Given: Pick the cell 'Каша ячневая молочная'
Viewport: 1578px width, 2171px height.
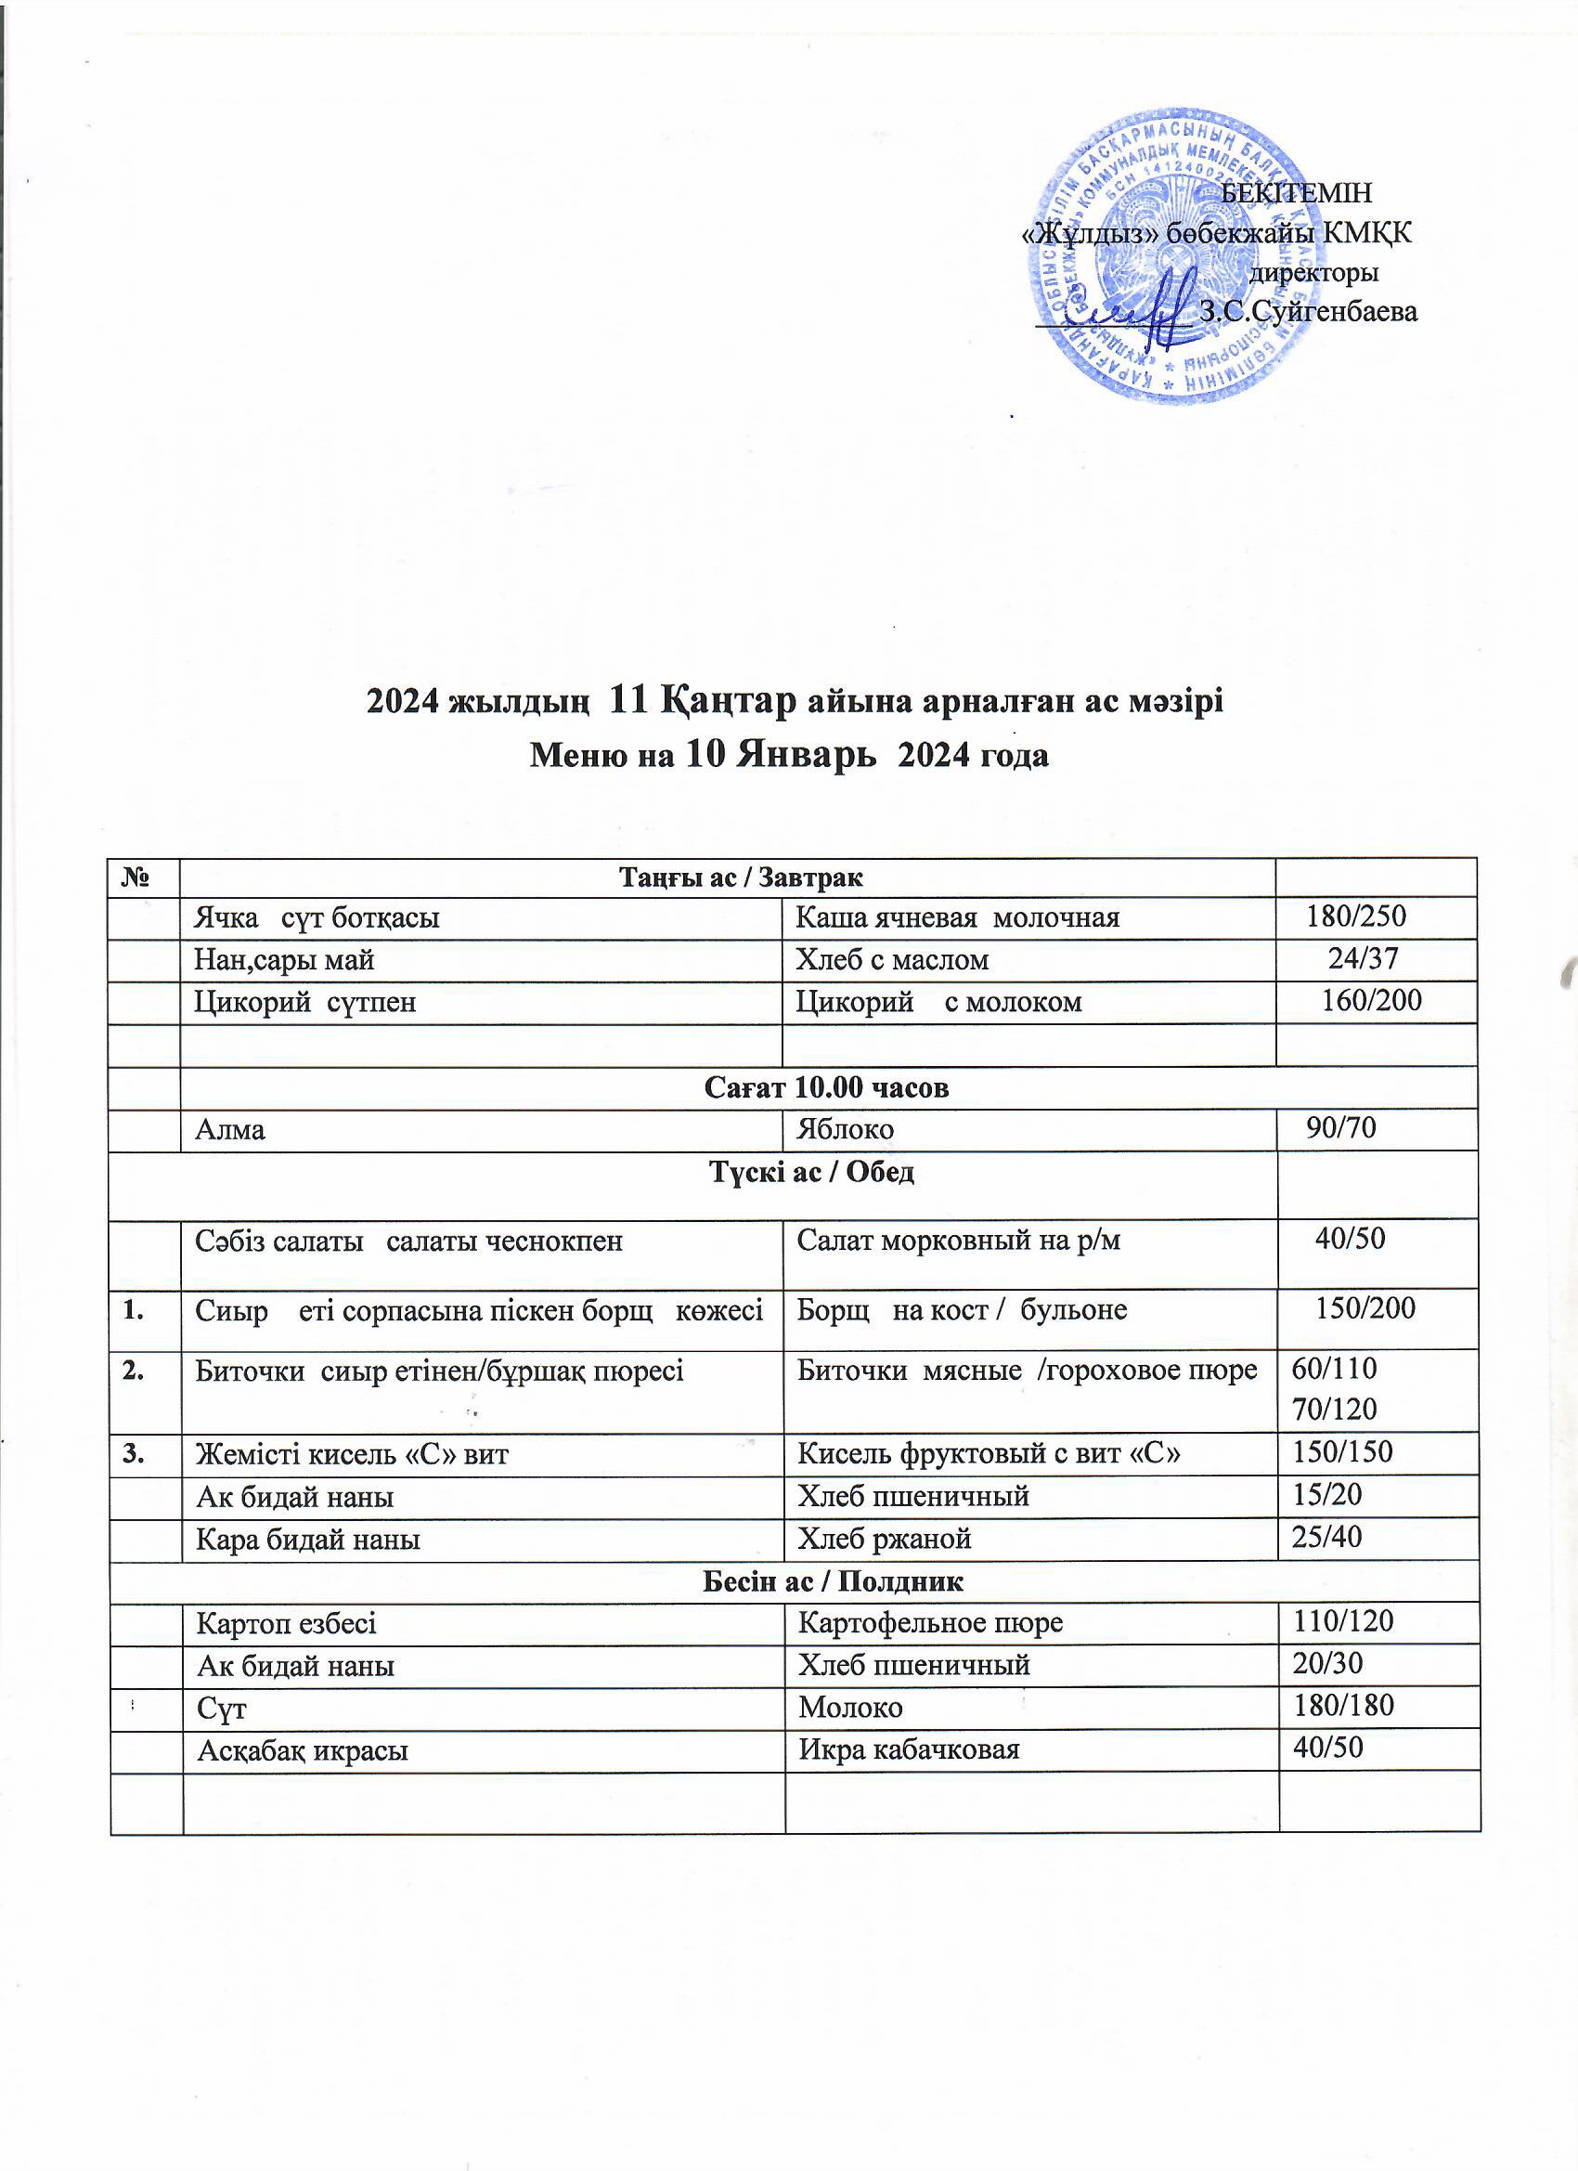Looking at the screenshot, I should [x=958, y=918].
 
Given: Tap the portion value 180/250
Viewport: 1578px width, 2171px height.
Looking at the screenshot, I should [x=1356, y=917].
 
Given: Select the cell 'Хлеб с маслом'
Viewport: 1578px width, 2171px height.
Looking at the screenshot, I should [x=893, y=959].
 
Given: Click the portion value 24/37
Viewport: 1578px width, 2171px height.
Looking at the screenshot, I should [x=1364, y=958].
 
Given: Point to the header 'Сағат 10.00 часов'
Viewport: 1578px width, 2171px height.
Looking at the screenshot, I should [x=826, y=1088].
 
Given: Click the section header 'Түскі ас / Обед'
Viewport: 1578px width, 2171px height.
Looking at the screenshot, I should [x=809, y=1173].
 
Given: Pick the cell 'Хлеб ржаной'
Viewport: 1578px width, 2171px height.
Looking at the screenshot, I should [x=886, y=1539].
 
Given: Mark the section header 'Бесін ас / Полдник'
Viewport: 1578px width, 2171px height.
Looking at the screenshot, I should [x=833, y=1581].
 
